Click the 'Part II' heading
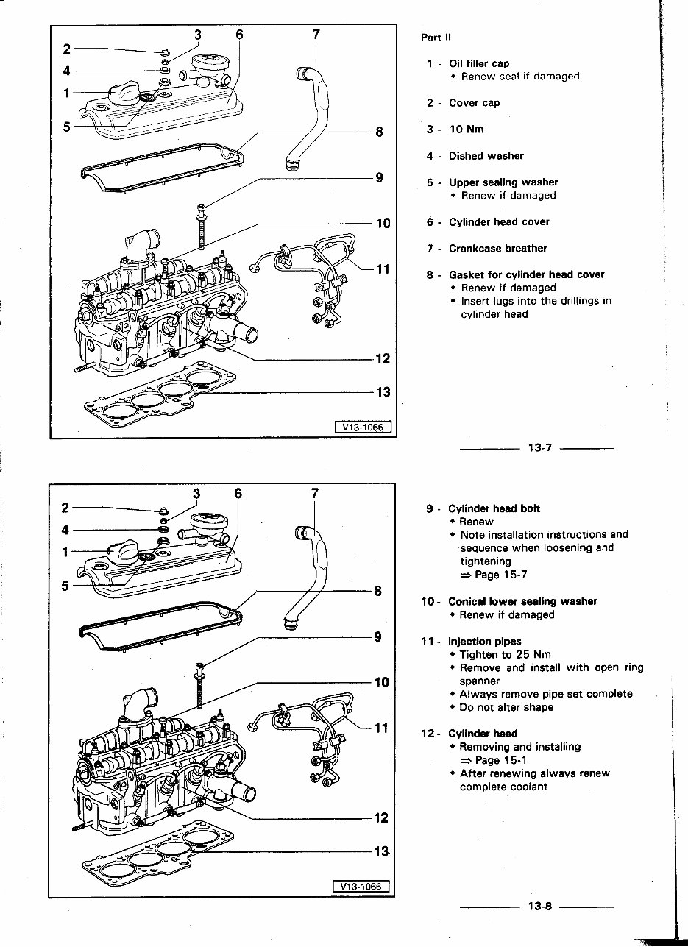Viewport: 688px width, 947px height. (x=436, y=38)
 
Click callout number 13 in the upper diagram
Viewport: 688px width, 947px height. (x=383, y=392)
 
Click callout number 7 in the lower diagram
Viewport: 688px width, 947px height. (x=314, y=493)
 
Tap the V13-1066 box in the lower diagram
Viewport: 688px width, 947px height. (x=361, y=887)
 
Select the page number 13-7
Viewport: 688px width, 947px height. (x=539, y=448)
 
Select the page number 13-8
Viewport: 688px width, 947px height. (x=539, y=907)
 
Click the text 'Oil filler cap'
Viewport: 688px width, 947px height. (x=478, y=63)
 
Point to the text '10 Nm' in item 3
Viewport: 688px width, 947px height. (x=467, y=130)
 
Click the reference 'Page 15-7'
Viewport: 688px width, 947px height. (x=500, y=575)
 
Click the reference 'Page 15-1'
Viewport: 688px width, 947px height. (x=500, y=760)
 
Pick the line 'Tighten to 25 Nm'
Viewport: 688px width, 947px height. (x=505, y=654)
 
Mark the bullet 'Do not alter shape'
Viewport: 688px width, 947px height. (x=506, y=707)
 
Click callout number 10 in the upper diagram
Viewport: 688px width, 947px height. (x=383, y=223)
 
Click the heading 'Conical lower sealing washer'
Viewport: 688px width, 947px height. (x=522, y=601)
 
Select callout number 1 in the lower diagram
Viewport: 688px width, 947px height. (x=66, y=551)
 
